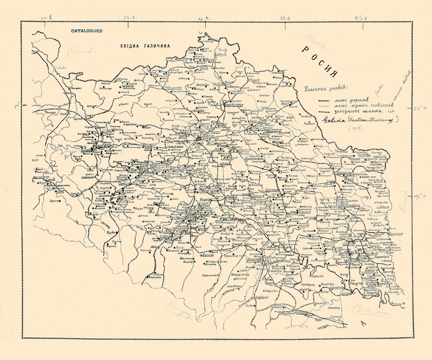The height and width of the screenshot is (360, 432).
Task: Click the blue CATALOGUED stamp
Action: [x=87, y=31]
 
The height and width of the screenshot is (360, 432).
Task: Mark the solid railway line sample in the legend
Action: [x=325, y=111]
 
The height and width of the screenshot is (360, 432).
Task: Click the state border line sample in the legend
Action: [x=325, y=100]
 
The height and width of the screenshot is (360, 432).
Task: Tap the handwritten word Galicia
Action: [x=332, y=120]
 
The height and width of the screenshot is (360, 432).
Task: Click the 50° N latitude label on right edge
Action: [x=420, y=109]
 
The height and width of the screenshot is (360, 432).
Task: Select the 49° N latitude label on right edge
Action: [x=419, y=197]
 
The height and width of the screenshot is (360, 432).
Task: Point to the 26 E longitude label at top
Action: [x=362, y=18]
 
